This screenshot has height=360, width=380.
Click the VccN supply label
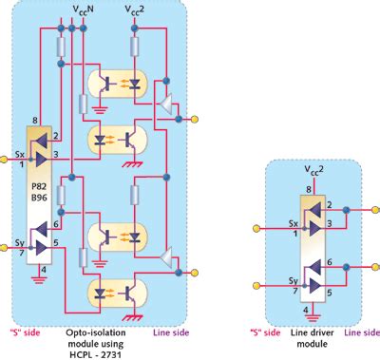coord(82,8)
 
